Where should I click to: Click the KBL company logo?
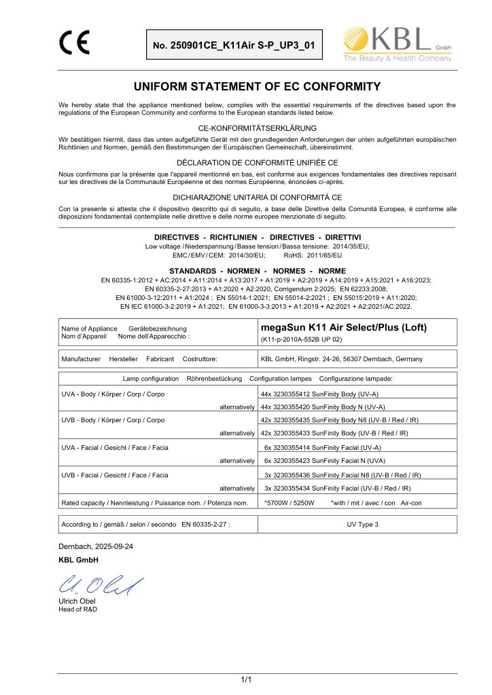[x=399, y=45]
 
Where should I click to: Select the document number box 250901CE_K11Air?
[x=234, y=45]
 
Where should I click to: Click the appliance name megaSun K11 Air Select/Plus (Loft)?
[x=344, y=327]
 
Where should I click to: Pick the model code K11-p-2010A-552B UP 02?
[x=301, y=339]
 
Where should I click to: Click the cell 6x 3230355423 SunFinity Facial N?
[x=322, y=461]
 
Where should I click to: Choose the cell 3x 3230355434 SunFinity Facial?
[x=336, y=488]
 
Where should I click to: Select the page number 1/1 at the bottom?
[x=246, y=680]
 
